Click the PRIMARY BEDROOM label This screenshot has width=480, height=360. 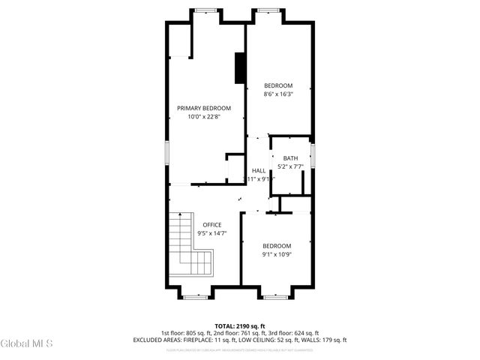point(204,108)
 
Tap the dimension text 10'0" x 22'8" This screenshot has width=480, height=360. point(204,116)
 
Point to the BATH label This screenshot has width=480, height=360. point(290,157)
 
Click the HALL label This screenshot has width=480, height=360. point(259,171)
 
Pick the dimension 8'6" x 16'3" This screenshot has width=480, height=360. point(278,94)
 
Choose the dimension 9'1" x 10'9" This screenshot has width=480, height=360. point(277,254)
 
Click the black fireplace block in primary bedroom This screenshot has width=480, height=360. point(240,67)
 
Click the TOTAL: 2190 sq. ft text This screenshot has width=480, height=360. point(240,325)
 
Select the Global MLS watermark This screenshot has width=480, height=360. point(27,343)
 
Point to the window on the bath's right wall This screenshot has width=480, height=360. point(313,156)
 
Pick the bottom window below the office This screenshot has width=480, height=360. point(195,297)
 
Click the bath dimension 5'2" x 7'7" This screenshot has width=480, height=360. point(290,166)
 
